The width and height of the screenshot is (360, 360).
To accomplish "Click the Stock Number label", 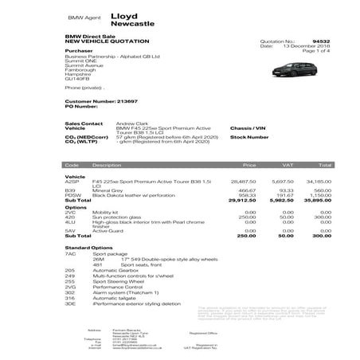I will (x=248, y=137).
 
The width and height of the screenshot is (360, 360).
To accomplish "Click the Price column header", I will (x=249, y=165).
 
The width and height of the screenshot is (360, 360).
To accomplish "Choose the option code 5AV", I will (x=70, y=231).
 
